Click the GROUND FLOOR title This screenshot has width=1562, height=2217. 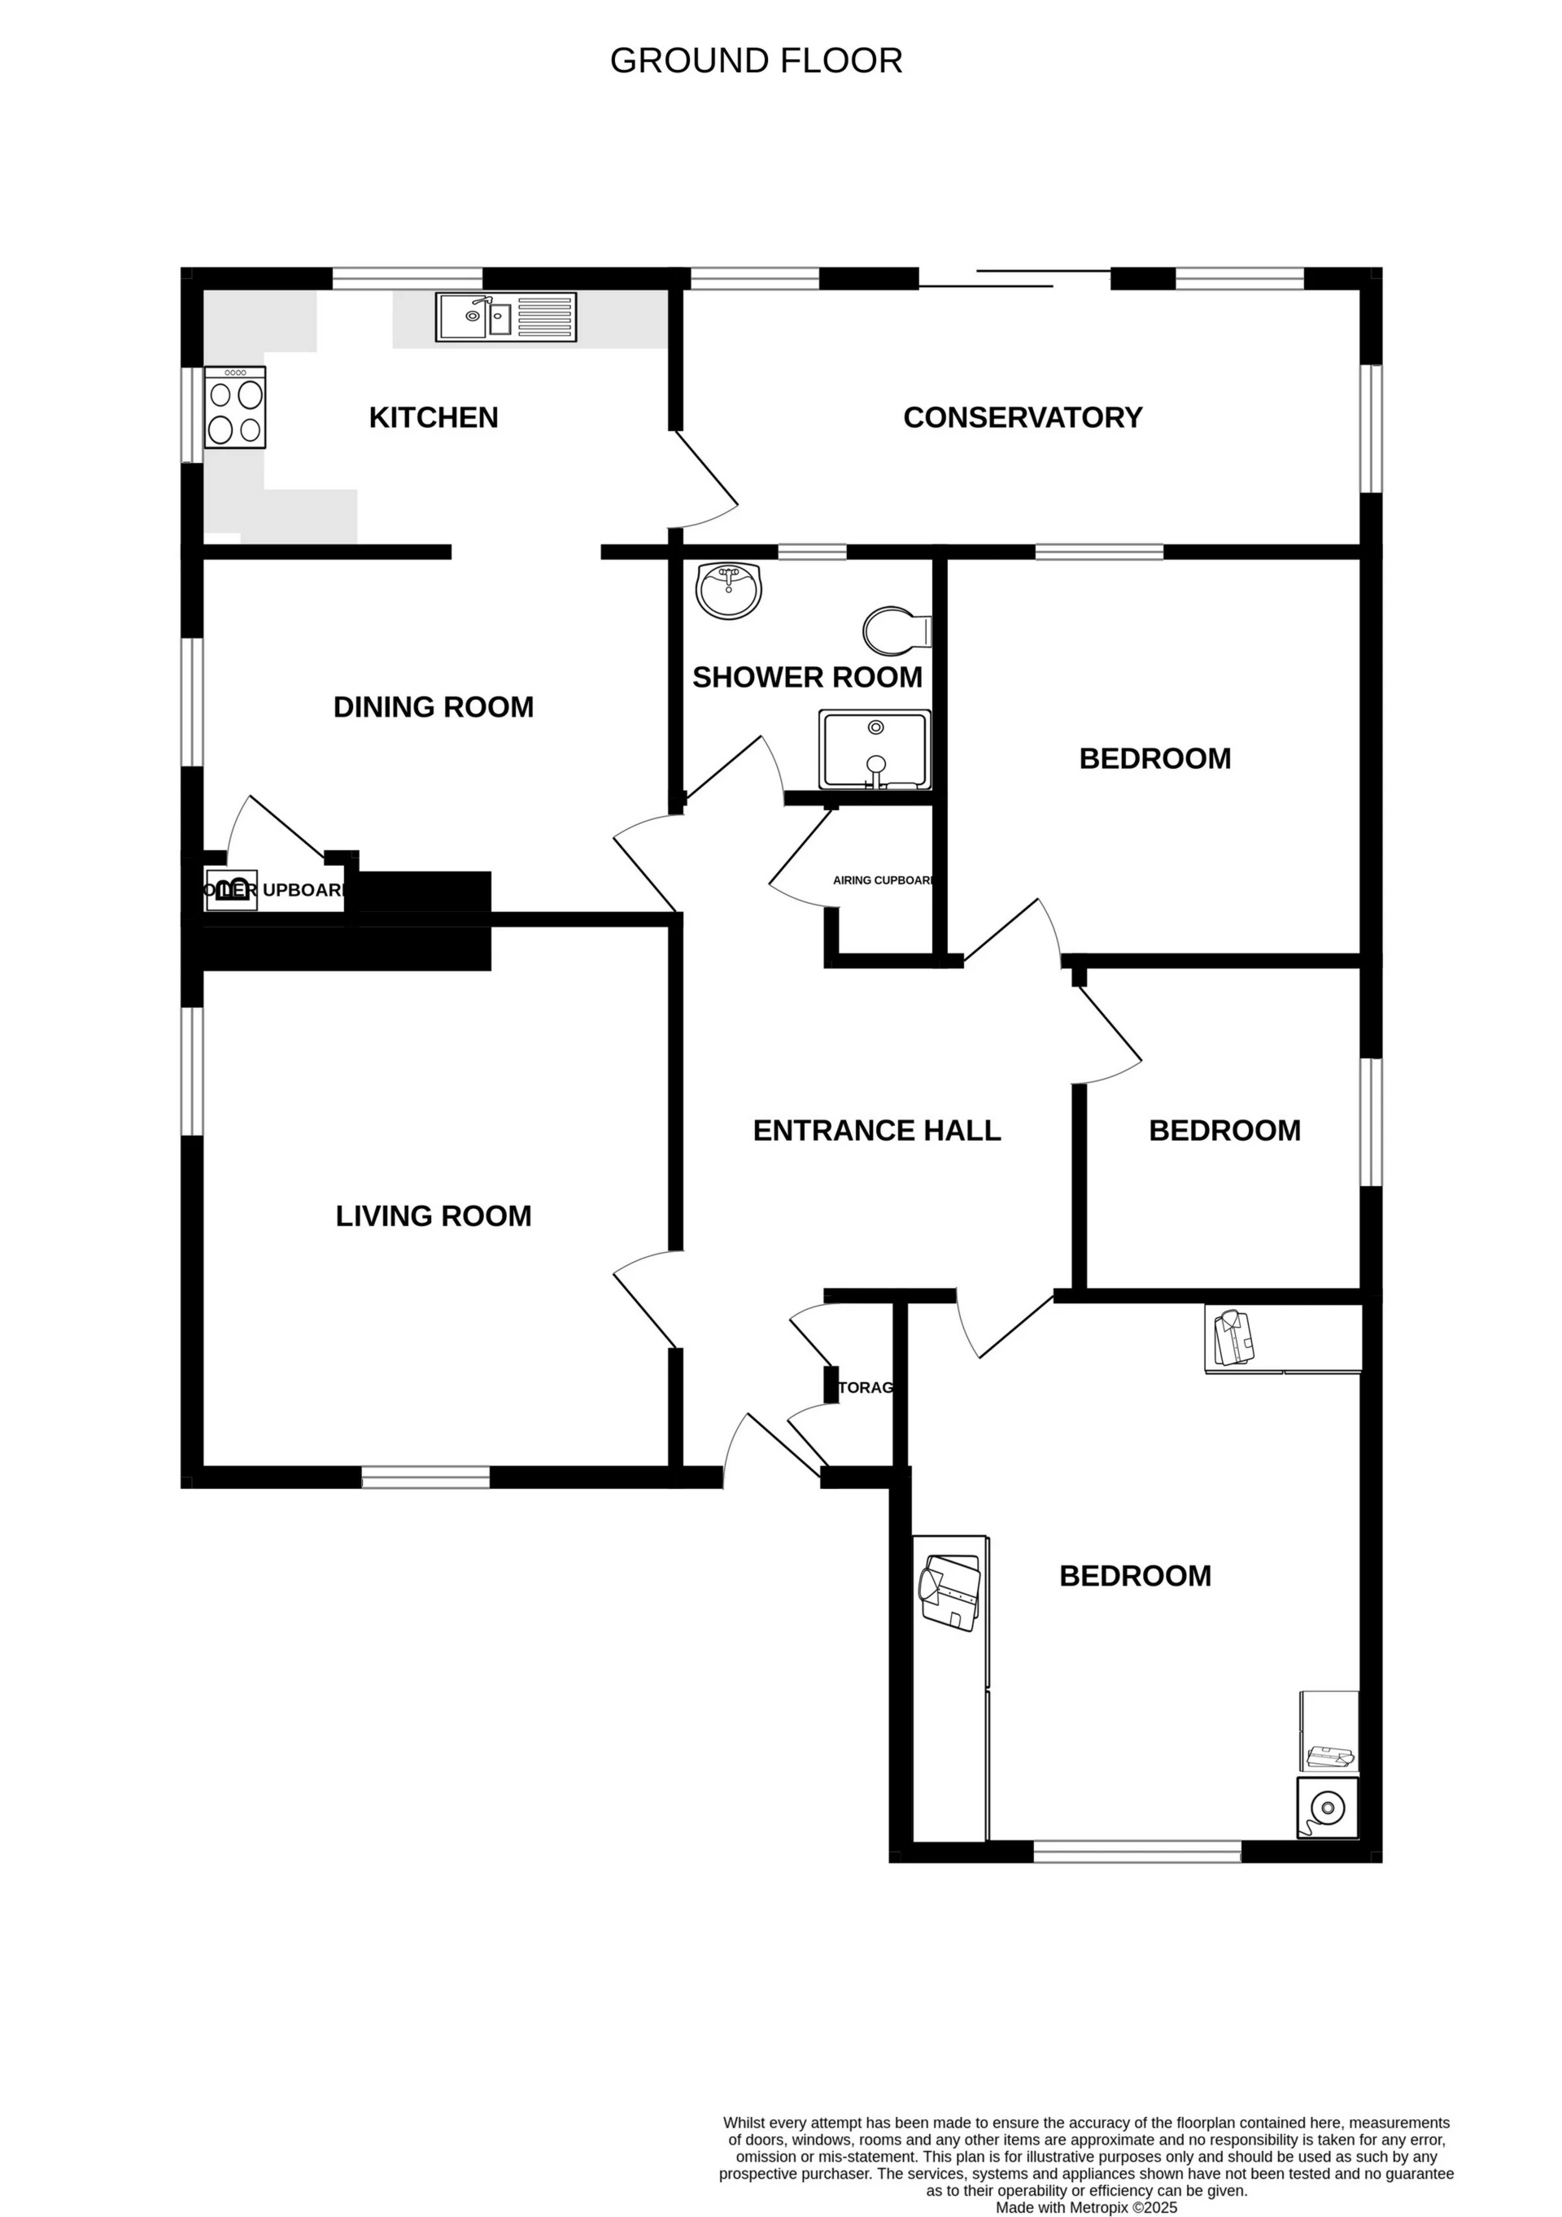click(756, 61)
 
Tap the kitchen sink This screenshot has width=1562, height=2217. click(506, 316)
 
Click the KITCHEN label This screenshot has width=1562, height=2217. click(434, 417)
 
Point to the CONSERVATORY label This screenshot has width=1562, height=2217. click(1023, 417)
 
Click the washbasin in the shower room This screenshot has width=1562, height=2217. click(729, 590)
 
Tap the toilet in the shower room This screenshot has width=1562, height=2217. click(894, 631)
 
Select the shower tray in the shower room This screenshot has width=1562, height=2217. click(875, 749)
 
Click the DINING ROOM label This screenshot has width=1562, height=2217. click(434, 707)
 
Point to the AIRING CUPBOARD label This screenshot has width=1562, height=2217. click(883, 879)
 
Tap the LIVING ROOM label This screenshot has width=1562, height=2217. click(434, 1215)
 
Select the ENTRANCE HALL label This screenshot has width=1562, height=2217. click(876, 1130)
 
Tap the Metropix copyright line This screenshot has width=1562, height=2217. click(1086, 2207)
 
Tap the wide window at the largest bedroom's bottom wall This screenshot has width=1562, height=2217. click(1137, 1851)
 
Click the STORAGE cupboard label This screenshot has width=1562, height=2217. click(865, 1387)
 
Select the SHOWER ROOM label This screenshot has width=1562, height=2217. click(807, 678)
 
